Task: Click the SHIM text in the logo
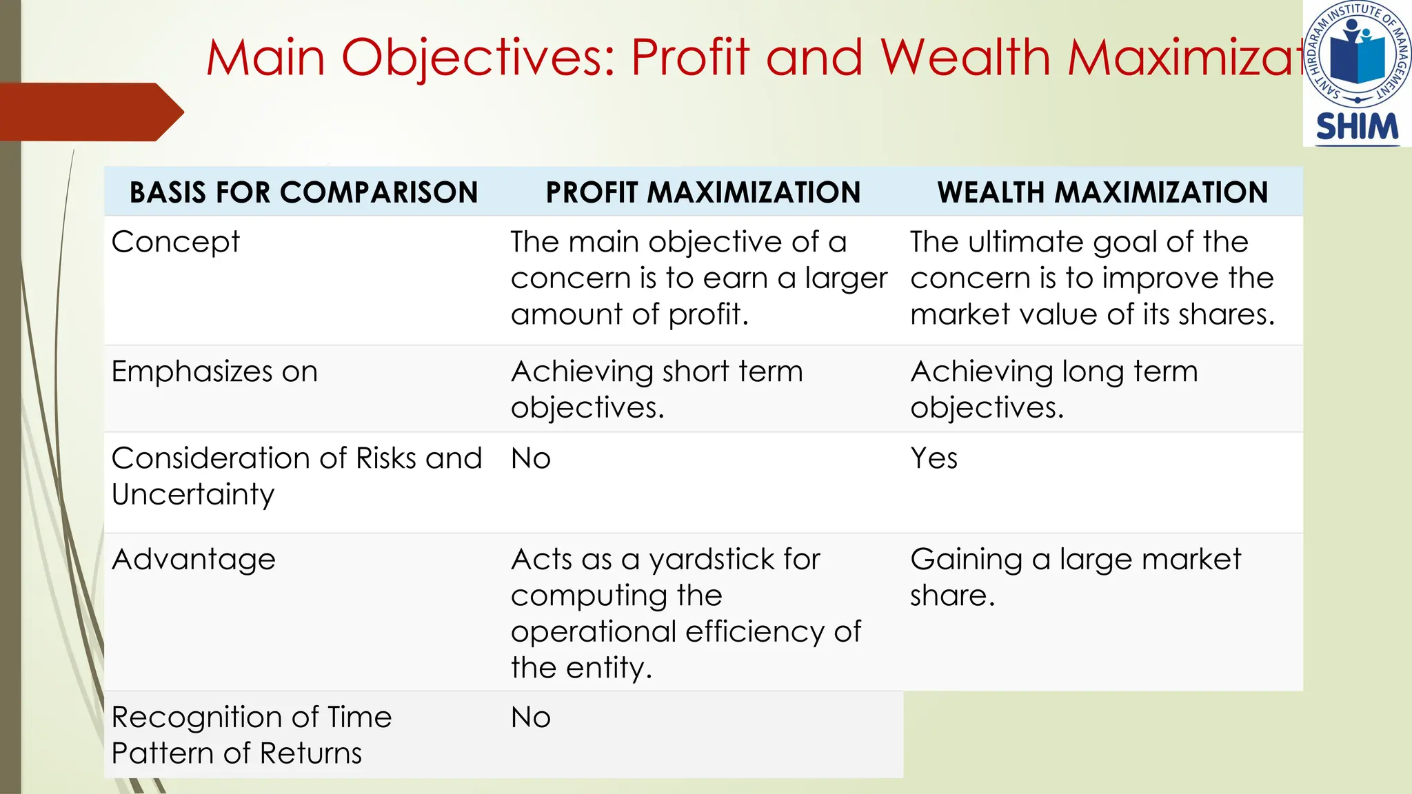click(x=1357, y=128)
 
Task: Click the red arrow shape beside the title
click(x=90, y=112)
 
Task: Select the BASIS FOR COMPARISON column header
click(x=303, y=192)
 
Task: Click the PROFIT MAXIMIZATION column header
click(x=703, y=192)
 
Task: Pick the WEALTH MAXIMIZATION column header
click(x=1102, y=192)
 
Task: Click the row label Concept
click(x=175, y=242)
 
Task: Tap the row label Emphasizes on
click(x=214, y=371)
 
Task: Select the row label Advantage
click(x=193, y=559)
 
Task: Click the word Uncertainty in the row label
click(x=193, y=495)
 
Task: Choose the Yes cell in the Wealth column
click(x=934, y=458)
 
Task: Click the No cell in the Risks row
click(x=530, y=458)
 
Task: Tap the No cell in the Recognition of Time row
click(x=530, y=717)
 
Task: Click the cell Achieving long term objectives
click(x=1053, y=389)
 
